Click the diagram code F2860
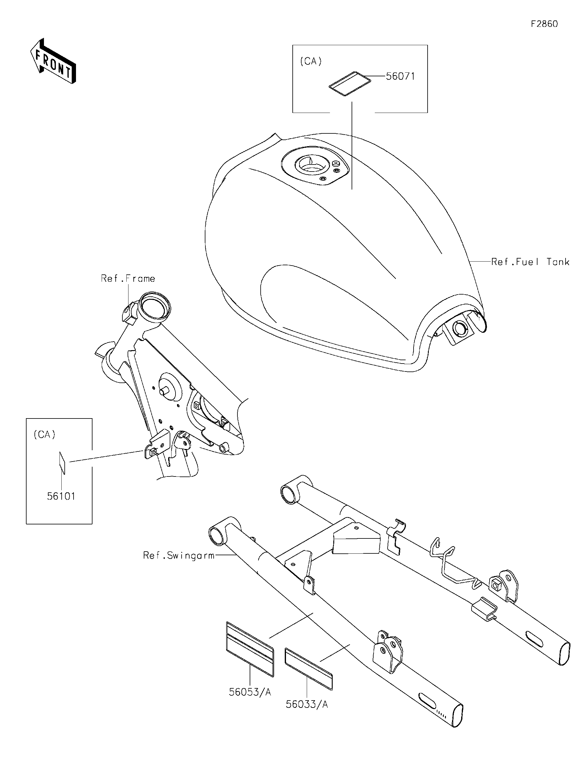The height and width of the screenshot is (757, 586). click(544, 24)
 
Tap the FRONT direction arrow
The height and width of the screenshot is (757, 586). click(53, 61)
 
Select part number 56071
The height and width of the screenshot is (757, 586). click(400, 76)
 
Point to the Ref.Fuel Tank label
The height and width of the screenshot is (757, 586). click(530, 262)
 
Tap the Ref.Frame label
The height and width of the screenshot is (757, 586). click(128, 278)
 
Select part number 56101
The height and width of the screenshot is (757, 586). click(61, 496)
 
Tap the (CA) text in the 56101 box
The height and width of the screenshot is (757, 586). click(44, 435)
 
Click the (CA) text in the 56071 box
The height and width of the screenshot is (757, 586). click(310, 61)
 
